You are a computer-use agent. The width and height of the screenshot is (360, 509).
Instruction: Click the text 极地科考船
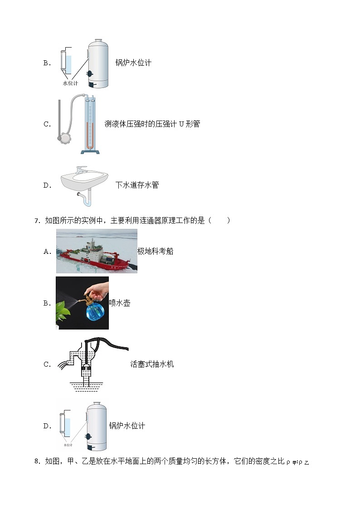[155, 252]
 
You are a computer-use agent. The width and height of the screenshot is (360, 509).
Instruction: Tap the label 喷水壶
[120, 303]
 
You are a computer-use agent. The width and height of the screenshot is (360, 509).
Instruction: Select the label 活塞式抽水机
[152, 364]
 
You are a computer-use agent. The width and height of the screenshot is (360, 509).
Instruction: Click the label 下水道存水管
[137, 185]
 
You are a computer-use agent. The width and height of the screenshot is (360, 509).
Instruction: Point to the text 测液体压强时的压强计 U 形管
[152, 124]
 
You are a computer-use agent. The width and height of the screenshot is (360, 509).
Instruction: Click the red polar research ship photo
[97, 252]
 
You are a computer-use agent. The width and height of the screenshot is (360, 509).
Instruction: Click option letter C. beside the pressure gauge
[47, 124]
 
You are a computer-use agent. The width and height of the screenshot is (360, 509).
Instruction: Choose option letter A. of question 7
[47, 252]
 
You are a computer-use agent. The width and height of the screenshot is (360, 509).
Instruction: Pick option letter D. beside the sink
[47, 185]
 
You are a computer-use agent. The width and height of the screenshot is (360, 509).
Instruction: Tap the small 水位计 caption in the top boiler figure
[70, 83]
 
